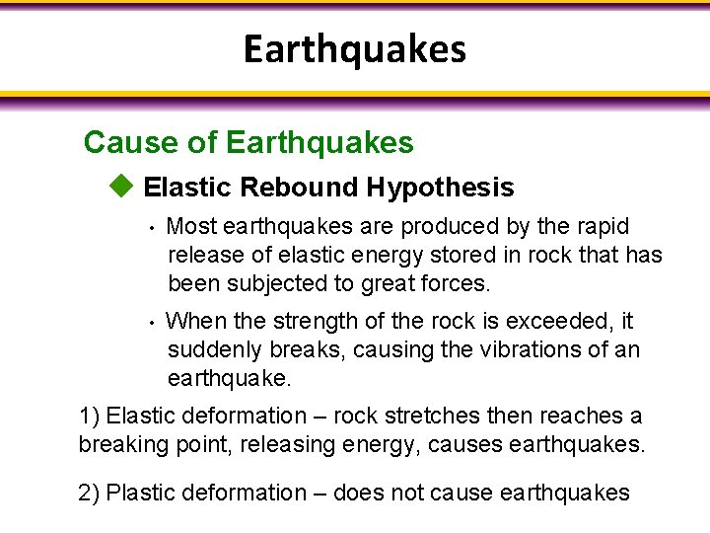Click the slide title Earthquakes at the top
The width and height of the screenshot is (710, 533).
click(x=355, y=48)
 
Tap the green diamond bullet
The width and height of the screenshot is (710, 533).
click(x=121, y=185)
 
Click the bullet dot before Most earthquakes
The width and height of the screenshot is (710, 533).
click(x=153, y=228)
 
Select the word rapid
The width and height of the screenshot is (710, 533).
click(x=600, y=227)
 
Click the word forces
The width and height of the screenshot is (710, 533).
click(x=453, y=284)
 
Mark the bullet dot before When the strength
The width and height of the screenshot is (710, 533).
click(x=153, y=323)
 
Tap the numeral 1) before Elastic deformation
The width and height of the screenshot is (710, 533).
click(x=89, y=417)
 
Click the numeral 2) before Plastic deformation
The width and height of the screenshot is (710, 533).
click(x=89, y=493)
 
